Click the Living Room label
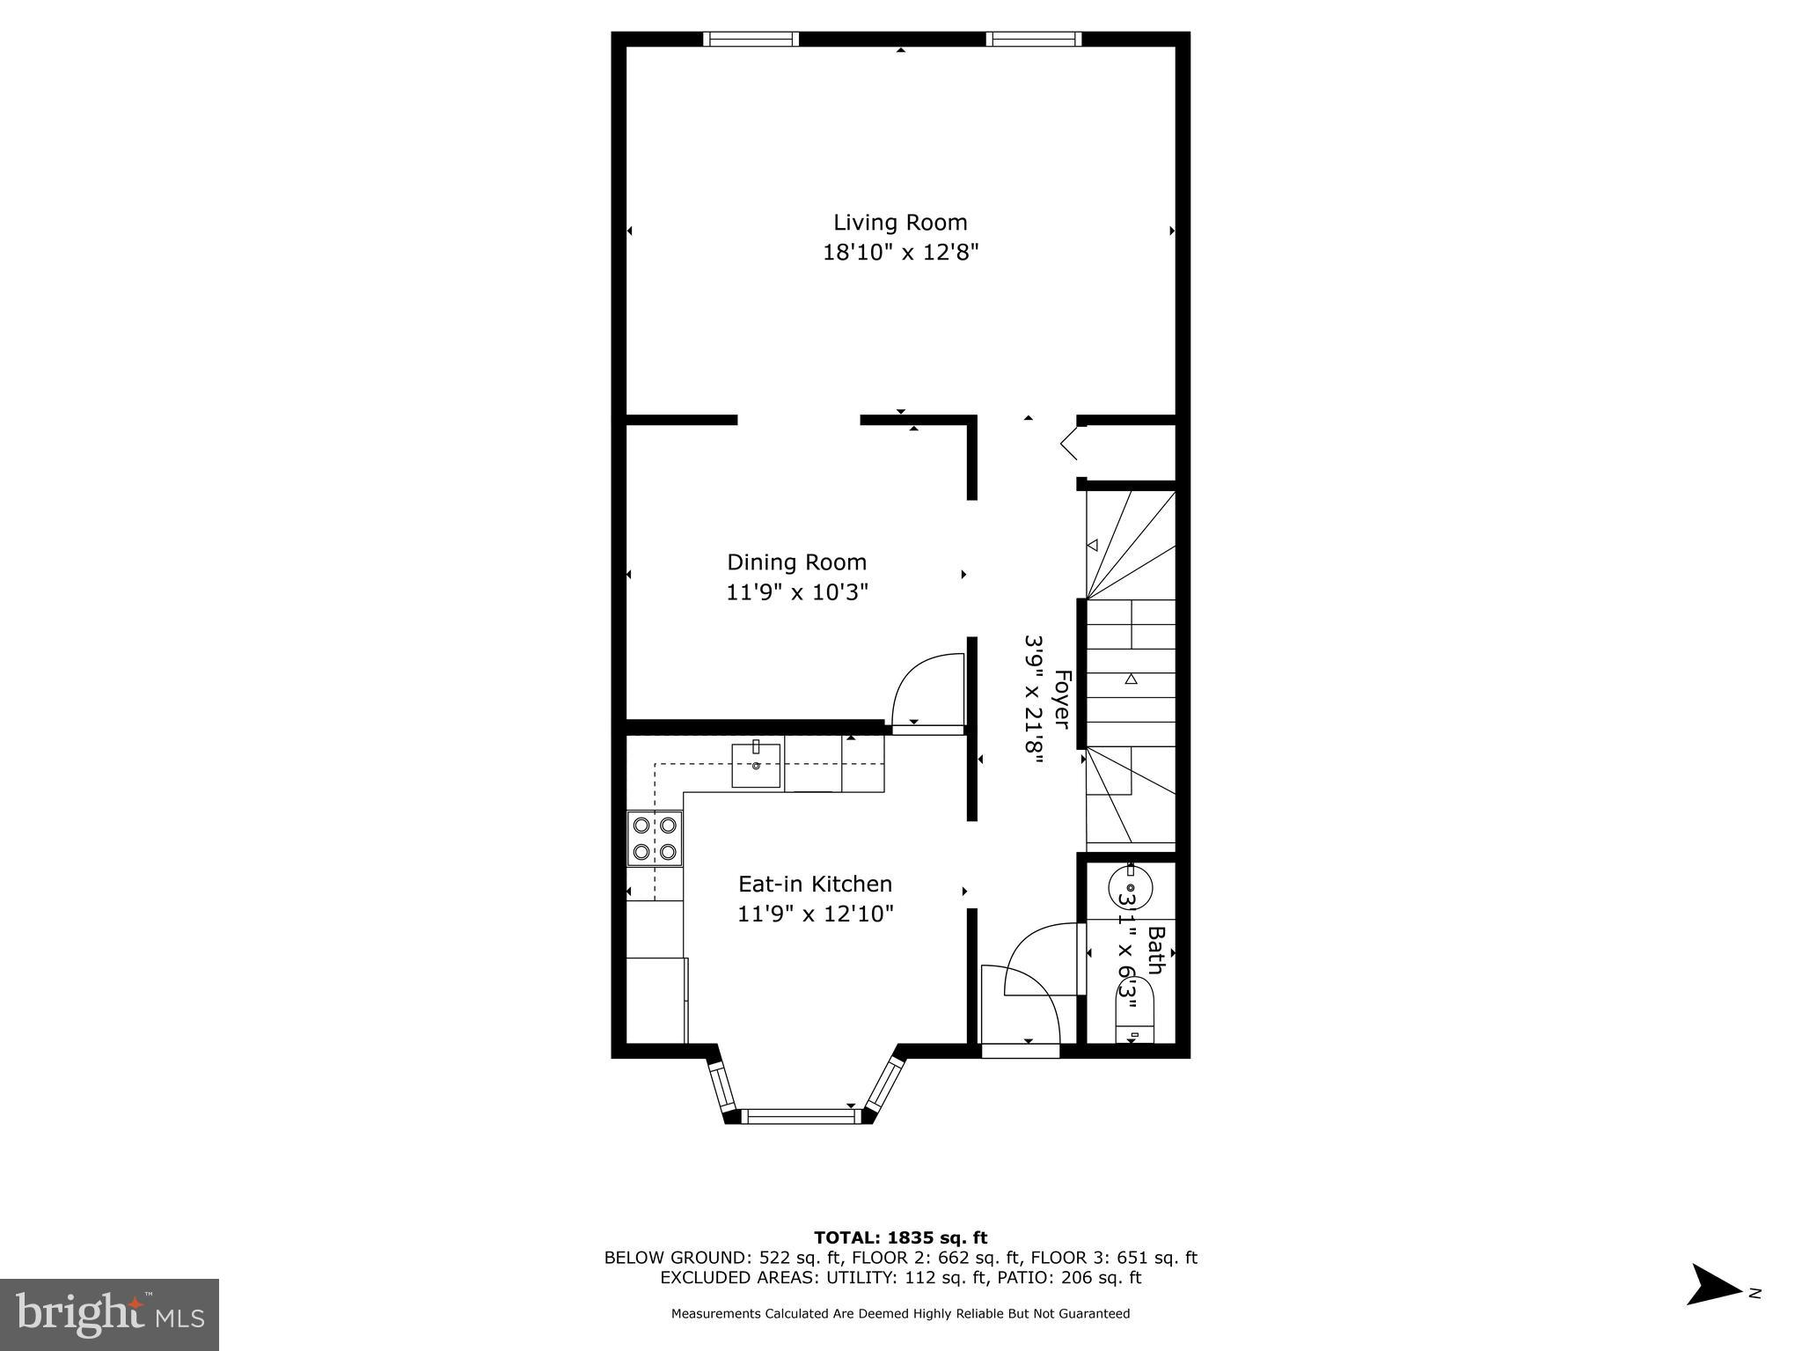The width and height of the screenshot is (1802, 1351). point(900,223)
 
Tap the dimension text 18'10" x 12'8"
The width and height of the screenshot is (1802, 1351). point(900,253)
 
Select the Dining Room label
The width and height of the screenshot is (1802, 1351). point(796,562)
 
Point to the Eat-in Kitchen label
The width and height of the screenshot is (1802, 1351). point(815,884)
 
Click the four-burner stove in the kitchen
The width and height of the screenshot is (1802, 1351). point(655,838)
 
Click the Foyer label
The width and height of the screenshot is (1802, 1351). point(1062,700)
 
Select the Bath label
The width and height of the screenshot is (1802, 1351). point(1155,950)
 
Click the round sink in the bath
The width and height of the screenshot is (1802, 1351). point(1130,886)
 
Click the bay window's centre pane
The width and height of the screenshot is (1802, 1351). point(800,1117)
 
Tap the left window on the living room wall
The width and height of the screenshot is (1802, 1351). point(751,39)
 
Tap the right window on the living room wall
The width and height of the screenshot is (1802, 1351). point(1033,39)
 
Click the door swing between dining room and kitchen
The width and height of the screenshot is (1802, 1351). point(928,691)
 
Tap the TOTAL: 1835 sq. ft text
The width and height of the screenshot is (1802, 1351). point(900,1237)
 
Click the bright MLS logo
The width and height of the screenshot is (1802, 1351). point(109,1314)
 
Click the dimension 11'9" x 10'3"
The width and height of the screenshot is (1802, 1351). point(796,592)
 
